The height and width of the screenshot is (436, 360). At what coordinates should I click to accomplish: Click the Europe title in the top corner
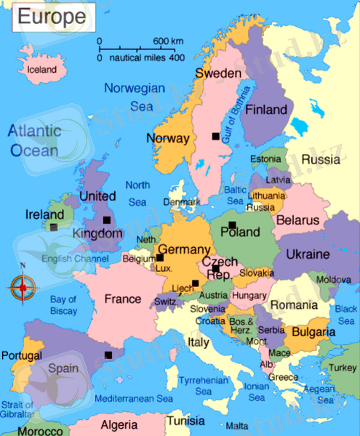coord(50,15)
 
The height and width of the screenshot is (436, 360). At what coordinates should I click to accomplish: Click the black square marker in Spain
coord(108,355)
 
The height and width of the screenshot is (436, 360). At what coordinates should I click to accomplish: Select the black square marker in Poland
coord(232,225)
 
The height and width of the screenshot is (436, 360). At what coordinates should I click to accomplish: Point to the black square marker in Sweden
coord(215,136)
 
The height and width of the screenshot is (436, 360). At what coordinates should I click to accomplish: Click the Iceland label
coord(41,70)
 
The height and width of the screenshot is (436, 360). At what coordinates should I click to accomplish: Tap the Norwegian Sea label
coord(135,97)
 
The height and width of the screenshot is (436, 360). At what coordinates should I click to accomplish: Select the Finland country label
coord(266,110)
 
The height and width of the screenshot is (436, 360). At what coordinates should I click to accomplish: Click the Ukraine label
coord(308,255)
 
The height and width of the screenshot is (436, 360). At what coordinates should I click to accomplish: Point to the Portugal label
coord(22,355)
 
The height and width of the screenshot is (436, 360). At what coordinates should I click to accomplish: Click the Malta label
coord(237,426)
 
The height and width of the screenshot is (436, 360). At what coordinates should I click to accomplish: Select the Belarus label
coord(298,219)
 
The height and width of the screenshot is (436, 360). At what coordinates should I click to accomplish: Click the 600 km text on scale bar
coord(168,40)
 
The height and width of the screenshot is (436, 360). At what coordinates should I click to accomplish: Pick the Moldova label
coord(333,279)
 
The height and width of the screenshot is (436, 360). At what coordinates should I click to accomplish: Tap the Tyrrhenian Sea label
coord(204,386)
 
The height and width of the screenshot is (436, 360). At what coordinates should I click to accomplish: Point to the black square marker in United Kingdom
coord(107,219)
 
